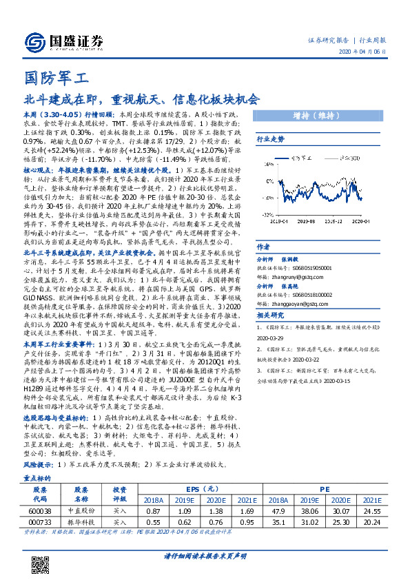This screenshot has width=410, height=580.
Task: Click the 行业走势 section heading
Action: click(x=270, y=138)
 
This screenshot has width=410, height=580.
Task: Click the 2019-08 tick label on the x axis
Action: click(x=308, y=203)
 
